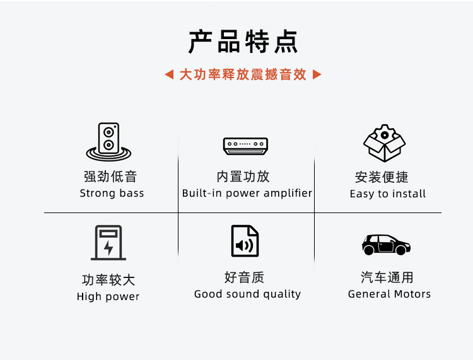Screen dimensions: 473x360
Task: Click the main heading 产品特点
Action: pyautogui.click(x=243, y=42)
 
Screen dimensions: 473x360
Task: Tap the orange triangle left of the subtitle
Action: pyautogui.click(x=169, y=74)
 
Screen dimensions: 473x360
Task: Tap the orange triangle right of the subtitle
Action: pyautogui.click(x=317, y=74)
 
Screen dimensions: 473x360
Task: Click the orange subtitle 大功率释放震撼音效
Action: pyautogui.click(x=243, y=74)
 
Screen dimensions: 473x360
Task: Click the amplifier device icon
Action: pyautogui.click(x=245, y=146)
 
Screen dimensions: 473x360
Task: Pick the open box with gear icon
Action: pyautogui.click(x=385, y=143)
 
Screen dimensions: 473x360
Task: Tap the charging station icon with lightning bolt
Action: pyautogui.click(x=108, y=243)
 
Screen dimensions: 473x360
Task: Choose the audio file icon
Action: pyautogui.click(x=245, y=241)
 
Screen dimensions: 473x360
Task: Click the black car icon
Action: pyautogui.click(x=386, y=244)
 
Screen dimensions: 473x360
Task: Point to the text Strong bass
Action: pyautogui.click(x=112, y=193)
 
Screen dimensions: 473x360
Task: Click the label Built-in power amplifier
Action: pyautogui.click(x=247, y=193)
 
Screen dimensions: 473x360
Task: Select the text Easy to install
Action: pyautogui.click(x=388, y=194)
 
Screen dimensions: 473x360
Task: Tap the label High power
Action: pyautogui.click(x=108, y=296)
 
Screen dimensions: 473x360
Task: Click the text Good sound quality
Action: pyautogui.click(x=247, y=294)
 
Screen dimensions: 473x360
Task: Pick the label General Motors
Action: pyautogui.click(x=389, y=294)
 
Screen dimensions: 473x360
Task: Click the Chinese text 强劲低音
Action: pyautogui.click(x=110, y=177)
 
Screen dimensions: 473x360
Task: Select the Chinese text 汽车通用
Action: pyautogui.click(x=387, y=277)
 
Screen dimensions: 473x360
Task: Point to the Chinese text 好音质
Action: pyautogui.click(x=244, y=277)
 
